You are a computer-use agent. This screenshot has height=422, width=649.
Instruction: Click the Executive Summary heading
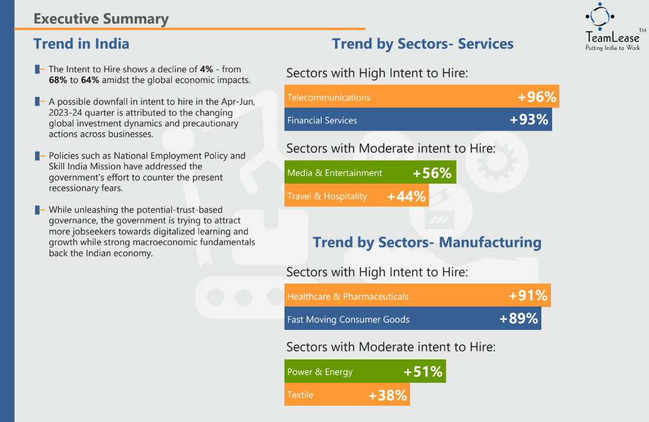coord(101,19)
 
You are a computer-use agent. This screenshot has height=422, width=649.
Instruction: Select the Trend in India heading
coord(81,44)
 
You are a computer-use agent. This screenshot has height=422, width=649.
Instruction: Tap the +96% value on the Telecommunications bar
coord(537,97)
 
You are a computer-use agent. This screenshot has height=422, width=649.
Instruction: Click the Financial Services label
coord(322,120)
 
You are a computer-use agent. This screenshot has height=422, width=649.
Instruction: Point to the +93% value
coord(529,120)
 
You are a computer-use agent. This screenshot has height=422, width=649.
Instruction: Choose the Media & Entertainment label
coord(334,173)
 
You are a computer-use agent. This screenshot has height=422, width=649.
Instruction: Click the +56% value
coord(432,173)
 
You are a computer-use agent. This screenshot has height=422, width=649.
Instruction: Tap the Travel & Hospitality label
coord(327,196)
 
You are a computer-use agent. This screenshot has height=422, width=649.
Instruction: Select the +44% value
coord(407,196)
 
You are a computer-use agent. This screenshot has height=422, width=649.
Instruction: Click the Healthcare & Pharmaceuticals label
coord(348,296)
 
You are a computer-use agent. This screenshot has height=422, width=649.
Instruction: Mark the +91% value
coord(528,296)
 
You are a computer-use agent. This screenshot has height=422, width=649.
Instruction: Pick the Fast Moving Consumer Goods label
coord(348,320)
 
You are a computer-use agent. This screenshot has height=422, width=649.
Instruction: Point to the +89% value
coord(518,319)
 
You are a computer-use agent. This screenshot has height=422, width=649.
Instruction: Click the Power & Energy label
coord(320,372)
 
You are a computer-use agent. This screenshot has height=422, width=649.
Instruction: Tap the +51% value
coord(423,372)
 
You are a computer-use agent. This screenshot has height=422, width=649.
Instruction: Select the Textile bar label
coord(300,395)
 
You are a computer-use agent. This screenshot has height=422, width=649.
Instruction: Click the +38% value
coord(388,395)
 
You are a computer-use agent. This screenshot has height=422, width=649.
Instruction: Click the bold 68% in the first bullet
coord(58,80)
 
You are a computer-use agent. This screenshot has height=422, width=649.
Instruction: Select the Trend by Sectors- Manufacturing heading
coord(427,243)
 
